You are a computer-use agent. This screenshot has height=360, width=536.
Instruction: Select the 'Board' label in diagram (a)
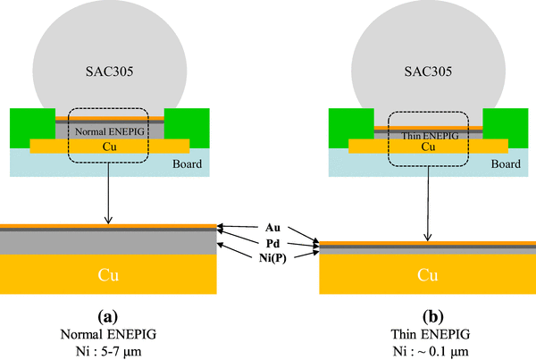(187, 163)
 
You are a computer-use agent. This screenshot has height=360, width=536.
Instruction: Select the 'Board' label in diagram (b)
(506, 163)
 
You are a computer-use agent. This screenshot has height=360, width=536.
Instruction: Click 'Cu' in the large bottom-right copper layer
(427, 274)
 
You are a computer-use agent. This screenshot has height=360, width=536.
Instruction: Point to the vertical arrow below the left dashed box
(108, 193)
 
